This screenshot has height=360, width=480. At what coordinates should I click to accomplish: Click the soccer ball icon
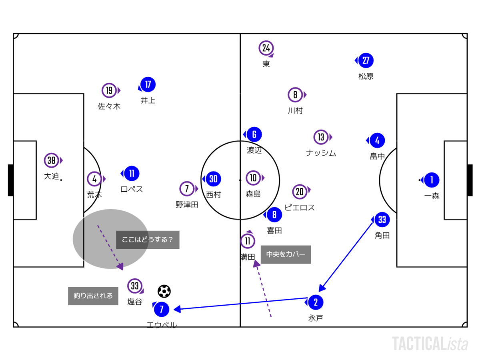tap(164, 291)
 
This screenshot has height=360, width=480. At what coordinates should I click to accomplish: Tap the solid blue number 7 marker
tap(161, 309)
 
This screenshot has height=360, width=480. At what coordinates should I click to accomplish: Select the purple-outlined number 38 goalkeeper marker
tap(52, 160)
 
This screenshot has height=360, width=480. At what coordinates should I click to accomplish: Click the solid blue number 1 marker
tap(432, 180)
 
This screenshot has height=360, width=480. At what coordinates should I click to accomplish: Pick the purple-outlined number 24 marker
tap(266, 48)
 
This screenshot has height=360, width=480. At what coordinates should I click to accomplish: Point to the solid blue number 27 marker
tap(366, 60)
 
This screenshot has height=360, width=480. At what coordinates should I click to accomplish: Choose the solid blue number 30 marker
tap(213, 179)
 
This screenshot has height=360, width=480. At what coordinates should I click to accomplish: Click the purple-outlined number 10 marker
tap(253, 178)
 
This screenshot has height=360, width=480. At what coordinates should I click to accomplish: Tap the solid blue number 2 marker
tap(316, 302)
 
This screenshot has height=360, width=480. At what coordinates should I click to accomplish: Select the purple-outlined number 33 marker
tap(135, 286)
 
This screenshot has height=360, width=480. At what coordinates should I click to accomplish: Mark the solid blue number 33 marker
tap(382, 220)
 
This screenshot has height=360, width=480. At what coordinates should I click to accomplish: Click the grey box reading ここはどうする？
tap(148, 240)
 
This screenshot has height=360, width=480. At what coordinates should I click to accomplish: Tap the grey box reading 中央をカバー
tap(286, 254)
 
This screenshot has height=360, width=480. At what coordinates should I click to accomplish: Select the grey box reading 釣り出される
tap(93, 296)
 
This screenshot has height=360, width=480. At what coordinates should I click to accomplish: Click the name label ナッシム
tap(321, 152)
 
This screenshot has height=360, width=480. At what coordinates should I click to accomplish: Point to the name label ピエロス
tap(299, 207)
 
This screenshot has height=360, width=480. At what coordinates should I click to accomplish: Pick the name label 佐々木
tap(109, 106)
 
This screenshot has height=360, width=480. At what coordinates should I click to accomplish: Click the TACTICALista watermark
tap(430, 344)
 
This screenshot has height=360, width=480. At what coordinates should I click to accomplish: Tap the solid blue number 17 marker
tap(148, 84)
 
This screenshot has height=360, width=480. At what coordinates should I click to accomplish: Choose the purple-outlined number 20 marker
tap(300, 192)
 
